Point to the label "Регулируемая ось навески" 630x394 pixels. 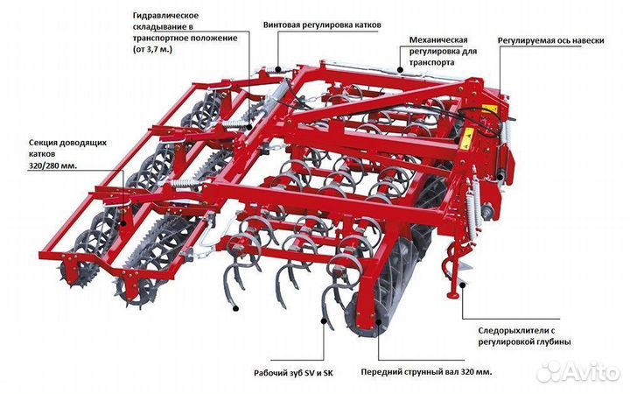pos(550,41)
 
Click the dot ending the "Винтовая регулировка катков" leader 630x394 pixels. pos(278,67)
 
